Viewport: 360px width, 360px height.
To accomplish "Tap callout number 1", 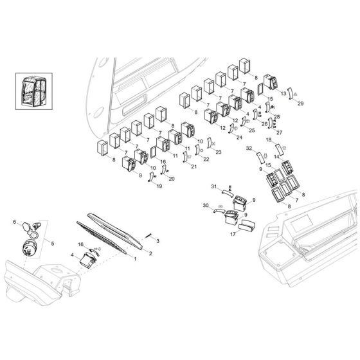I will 135,259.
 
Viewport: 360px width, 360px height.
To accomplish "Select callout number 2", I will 150,253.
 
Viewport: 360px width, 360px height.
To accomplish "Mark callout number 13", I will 283,94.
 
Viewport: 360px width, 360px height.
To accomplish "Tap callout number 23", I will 200,152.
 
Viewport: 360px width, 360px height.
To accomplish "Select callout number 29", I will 301,103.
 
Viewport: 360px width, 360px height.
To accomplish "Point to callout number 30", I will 206,205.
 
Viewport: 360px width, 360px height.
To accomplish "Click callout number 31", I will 214,186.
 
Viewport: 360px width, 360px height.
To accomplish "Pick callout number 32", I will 248,148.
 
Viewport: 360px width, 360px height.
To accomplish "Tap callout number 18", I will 269,139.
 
